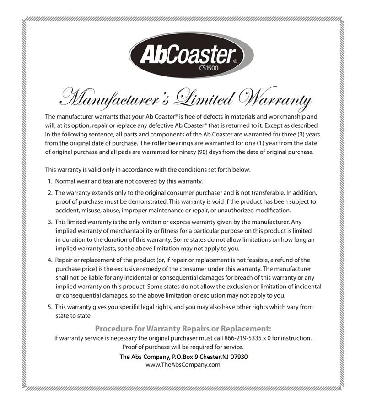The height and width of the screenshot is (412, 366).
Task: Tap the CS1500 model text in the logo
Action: point(209,69)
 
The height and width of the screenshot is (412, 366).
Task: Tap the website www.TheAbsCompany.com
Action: point(183,365)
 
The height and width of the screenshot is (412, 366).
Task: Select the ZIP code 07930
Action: point(238,356)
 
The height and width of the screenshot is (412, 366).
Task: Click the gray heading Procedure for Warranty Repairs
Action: point(183,328)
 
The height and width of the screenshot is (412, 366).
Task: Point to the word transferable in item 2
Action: point(257,193)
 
